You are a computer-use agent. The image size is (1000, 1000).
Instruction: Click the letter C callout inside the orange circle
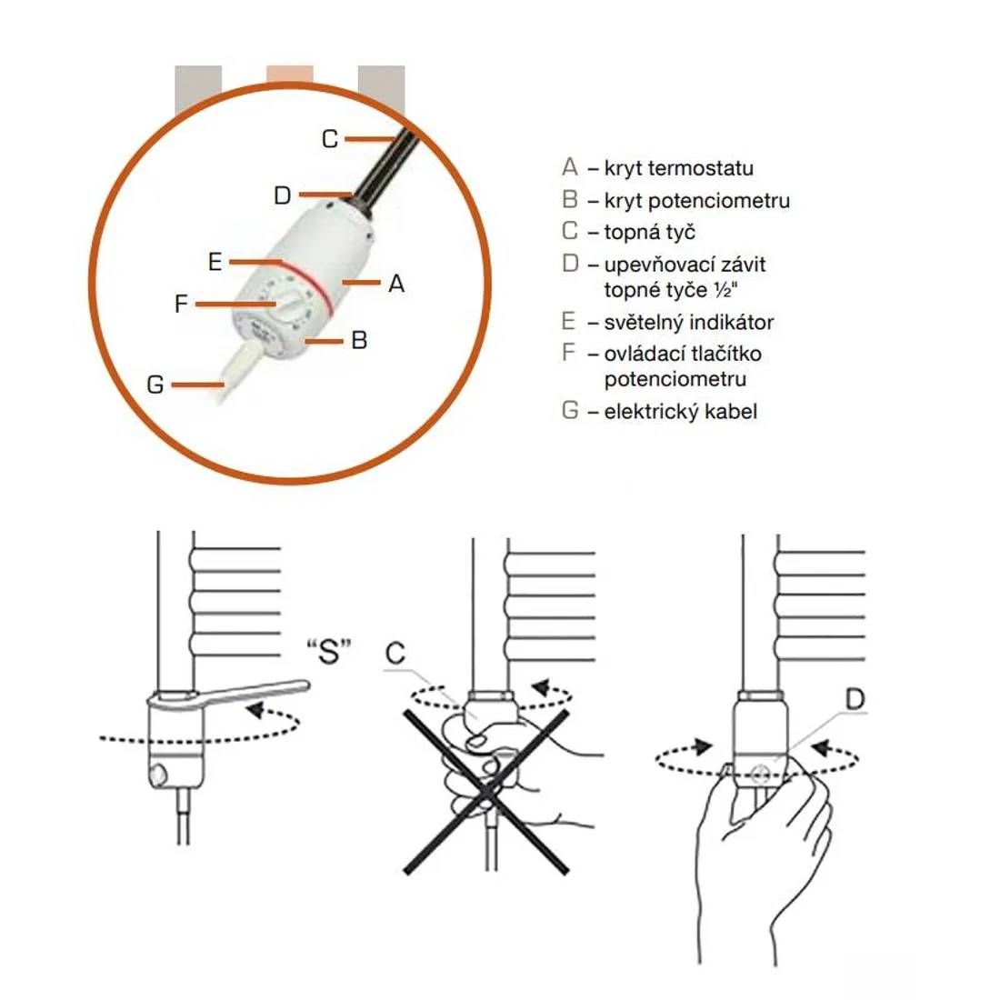pos(330,139)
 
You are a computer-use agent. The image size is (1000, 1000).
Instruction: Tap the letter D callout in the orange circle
pos(283,195)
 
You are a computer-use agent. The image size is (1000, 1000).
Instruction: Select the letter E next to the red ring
pos(215,262)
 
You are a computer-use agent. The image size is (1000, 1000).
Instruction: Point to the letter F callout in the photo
pos(181,304)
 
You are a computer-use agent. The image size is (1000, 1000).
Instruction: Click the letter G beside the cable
pos(155,385)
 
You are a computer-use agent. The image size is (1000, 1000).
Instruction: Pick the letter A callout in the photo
pos(396,283)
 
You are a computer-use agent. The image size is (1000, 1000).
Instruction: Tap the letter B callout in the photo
pos(359,340)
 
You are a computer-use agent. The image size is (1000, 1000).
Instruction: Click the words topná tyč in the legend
pos(649,232)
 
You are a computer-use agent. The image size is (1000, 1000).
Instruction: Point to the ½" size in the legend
pos(726,290)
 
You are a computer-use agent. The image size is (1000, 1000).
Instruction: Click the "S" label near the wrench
pos(329,651)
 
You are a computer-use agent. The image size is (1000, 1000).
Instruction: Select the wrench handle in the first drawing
pos(255,693)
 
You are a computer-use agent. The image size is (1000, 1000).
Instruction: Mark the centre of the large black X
pos(486,792)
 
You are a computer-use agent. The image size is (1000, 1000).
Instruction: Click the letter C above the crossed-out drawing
pos(395,653)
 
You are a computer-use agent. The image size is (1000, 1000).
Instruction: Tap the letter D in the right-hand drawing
pos(855,700)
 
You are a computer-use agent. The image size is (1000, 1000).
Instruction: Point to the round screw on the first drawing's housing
pos(158,775)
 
